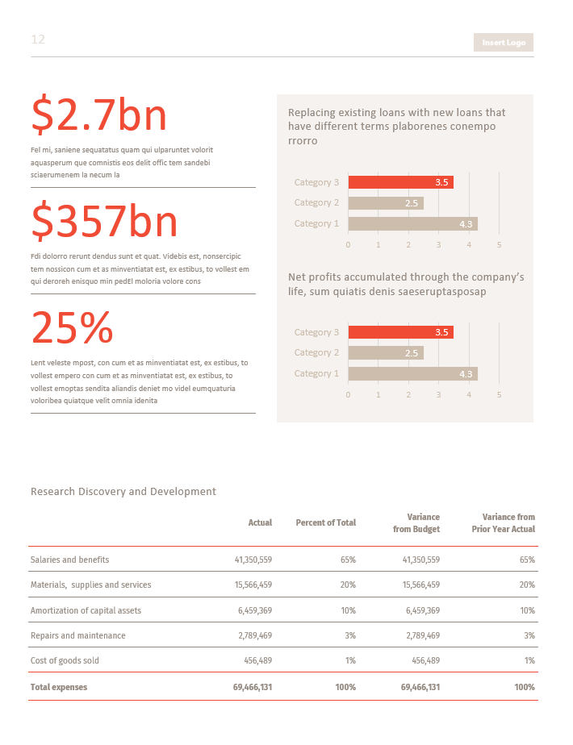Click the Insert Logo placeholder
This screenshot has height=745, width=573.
(504, 43)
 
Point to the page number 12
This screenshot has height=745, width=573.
(38, 40)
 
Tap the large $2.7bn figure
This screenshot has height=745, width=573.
(99, 115)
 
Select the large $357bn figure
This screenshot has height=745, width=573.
(104, 221)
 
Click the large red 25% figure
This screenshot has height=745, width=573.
(72, 327)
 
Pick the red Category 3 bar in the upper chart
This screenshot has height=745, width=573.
(400, 182)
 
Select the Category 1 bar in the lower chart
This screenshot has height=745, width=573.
(412, 373)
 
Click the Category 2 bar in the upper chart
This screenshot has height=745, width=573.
(385, 203)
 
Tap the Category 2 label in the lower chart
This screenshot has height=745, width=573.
(316, 352)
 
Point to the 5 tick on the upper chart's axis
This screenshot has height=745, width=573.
(500, 244)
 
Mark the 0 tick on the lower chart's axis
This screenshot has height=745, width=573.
(348, 394)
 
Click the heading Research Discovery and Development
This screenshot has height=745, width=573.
(123, 491)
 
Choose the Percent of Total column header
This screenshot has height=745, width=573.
(325, 522)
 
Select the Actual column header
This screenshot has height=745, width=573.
(260, 522)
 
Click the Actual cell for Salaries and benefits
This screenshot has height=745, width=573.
(253, 560)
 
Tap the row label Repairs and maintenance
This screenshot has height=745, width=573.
(77, 635)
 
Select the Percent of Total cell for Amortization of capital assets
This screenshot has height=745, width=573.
(348, 610)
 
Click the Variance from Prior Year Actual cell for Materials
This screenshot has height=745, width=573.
(527, 585)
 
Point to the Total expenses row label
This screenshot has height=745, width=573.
(58, 687)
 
